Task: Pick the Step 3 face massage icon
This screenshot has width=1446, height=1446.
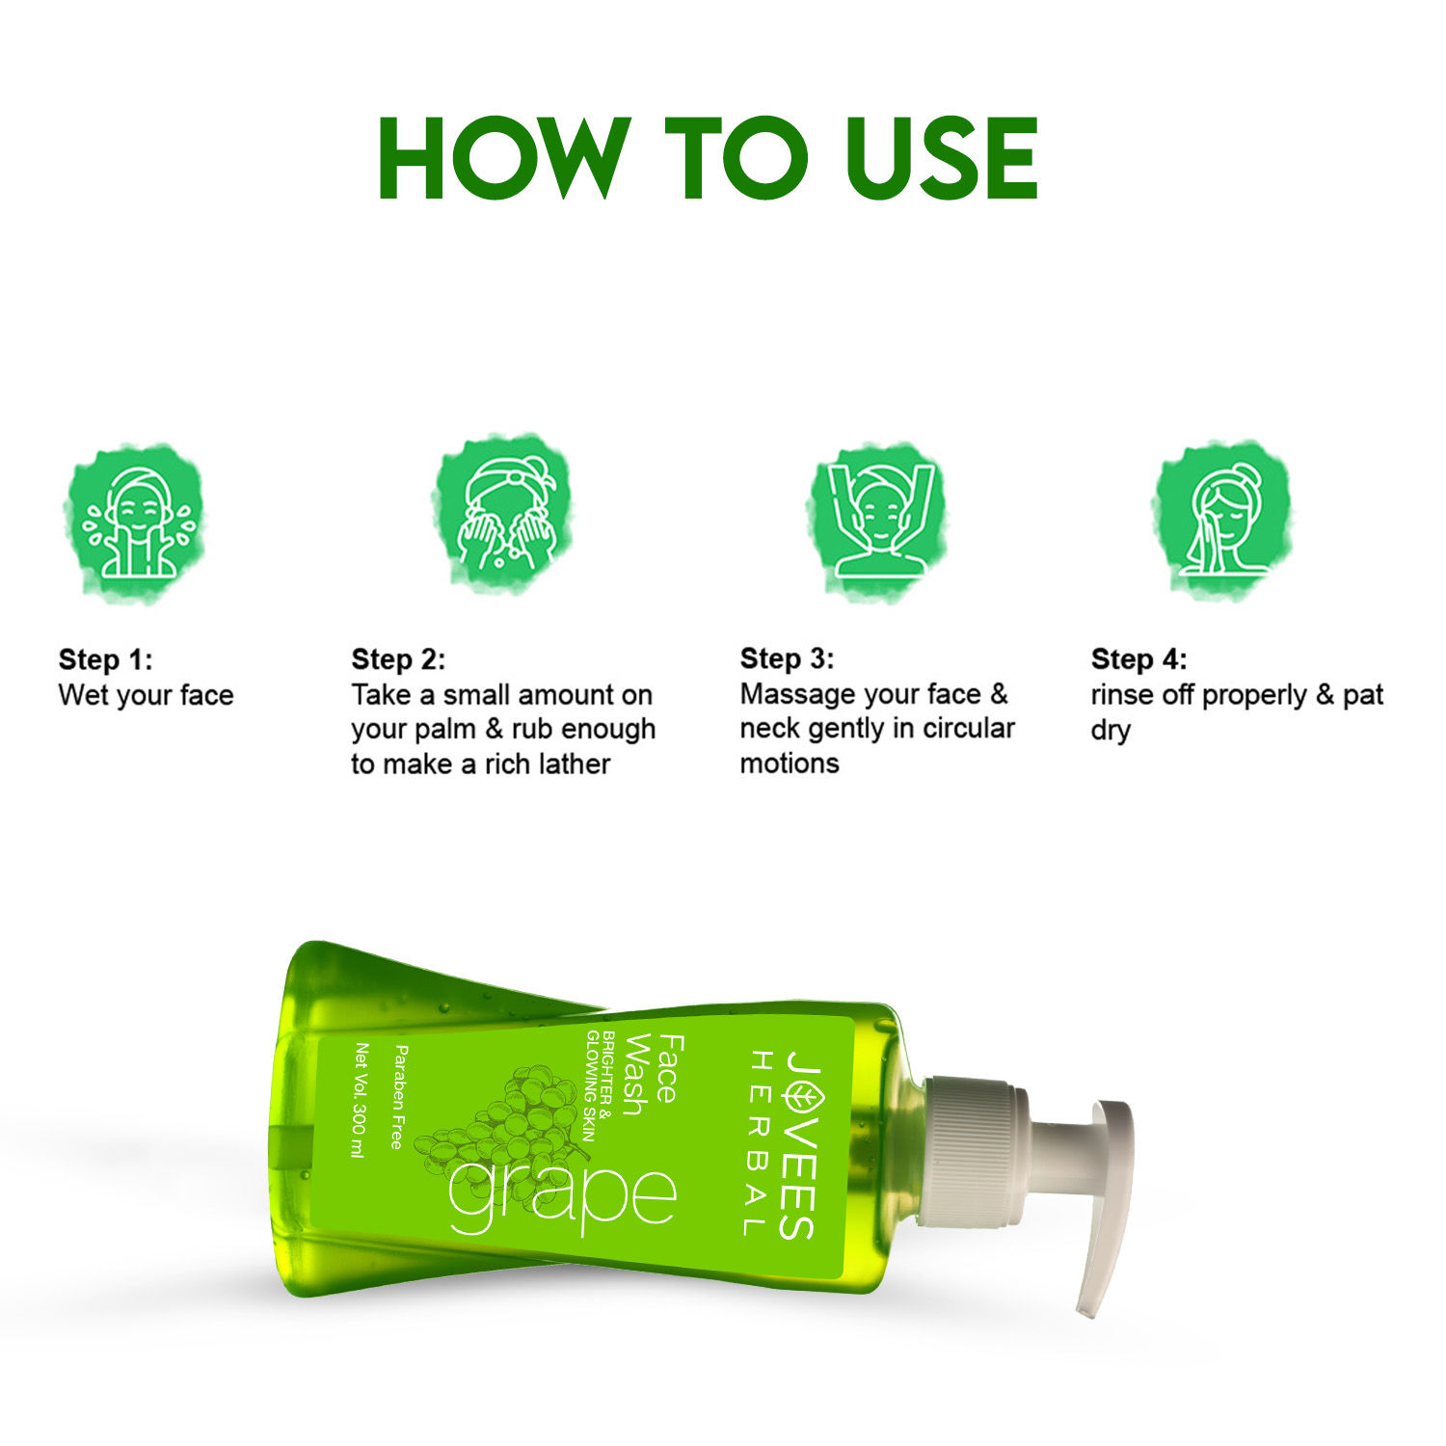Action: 877,521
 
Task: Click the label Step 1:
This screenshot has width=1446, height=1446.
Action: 105,660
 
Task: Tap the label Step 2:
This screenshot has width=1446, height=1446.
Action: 398,660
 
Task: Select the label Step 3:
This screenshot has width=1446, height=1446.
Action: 787,659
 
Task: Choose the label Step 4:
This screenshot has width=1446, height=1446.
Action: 1138,660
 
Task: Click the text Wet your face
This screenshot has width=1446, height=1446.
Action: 146,695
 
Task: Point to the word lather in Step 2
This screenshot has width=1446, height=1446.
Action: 575,764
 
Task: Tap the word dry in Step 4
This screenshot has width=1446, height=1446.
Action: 1110,730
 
